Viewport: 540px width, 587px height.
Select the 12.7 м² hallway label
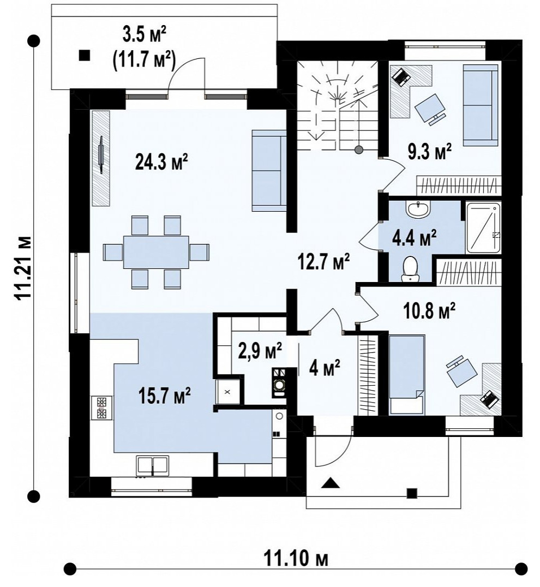[324, 261]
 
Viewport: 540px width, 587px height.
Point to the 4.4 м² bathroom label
[414, 238]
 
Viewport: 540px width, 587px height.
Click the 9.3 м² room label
[430, 152]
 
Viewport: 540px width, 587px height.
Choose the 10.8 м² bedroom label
[430, 311]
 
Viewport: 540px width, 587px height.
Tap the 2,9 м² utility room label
[261, 351]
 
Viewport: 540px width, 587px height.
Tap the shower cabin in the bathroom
[483, 228]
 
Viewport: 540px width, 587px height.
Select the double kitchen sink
[152, 466]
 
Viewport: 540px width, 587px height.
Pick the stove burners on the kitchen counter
[102, 408]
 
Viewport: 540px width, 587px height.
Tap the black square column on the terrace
[85, 55]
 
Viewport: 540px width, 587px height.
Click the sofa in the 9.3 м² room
[481, 105]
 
